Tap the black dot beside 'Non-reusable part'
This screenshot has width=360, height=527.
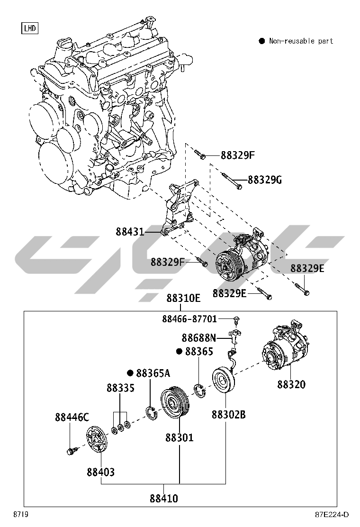261,41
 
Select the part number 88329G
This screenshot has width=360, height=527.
265,180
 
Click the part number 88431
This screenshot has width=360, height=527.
130,232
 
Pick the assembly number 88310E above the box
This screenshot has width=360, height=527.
183,299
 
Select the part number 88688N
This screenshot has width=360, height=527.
198,338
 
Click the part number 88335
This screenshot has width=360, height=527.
120,388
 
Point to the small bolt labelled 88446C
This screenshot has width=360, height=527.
71,450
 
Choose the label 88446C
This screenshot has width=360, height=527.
72,417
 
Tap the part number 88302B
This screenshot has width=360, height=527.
228,415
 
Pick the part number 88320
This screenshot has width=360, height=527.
291,384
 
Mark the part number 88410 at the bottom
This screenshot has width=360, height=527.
164,498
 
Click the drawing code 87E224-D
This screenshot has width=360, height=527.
332,515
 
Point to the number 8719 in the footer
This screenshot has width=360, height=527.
19,515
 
